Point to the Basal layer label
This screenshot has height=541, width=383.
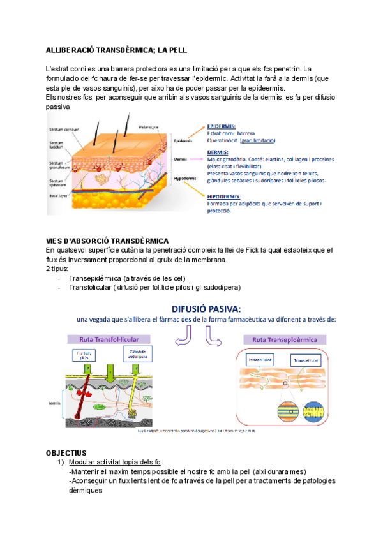click(58, 197)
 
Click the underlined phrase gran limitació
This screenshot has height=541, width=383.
click(258, 140)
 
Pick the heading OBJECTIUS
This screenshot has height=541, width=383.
click(66, 452)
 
